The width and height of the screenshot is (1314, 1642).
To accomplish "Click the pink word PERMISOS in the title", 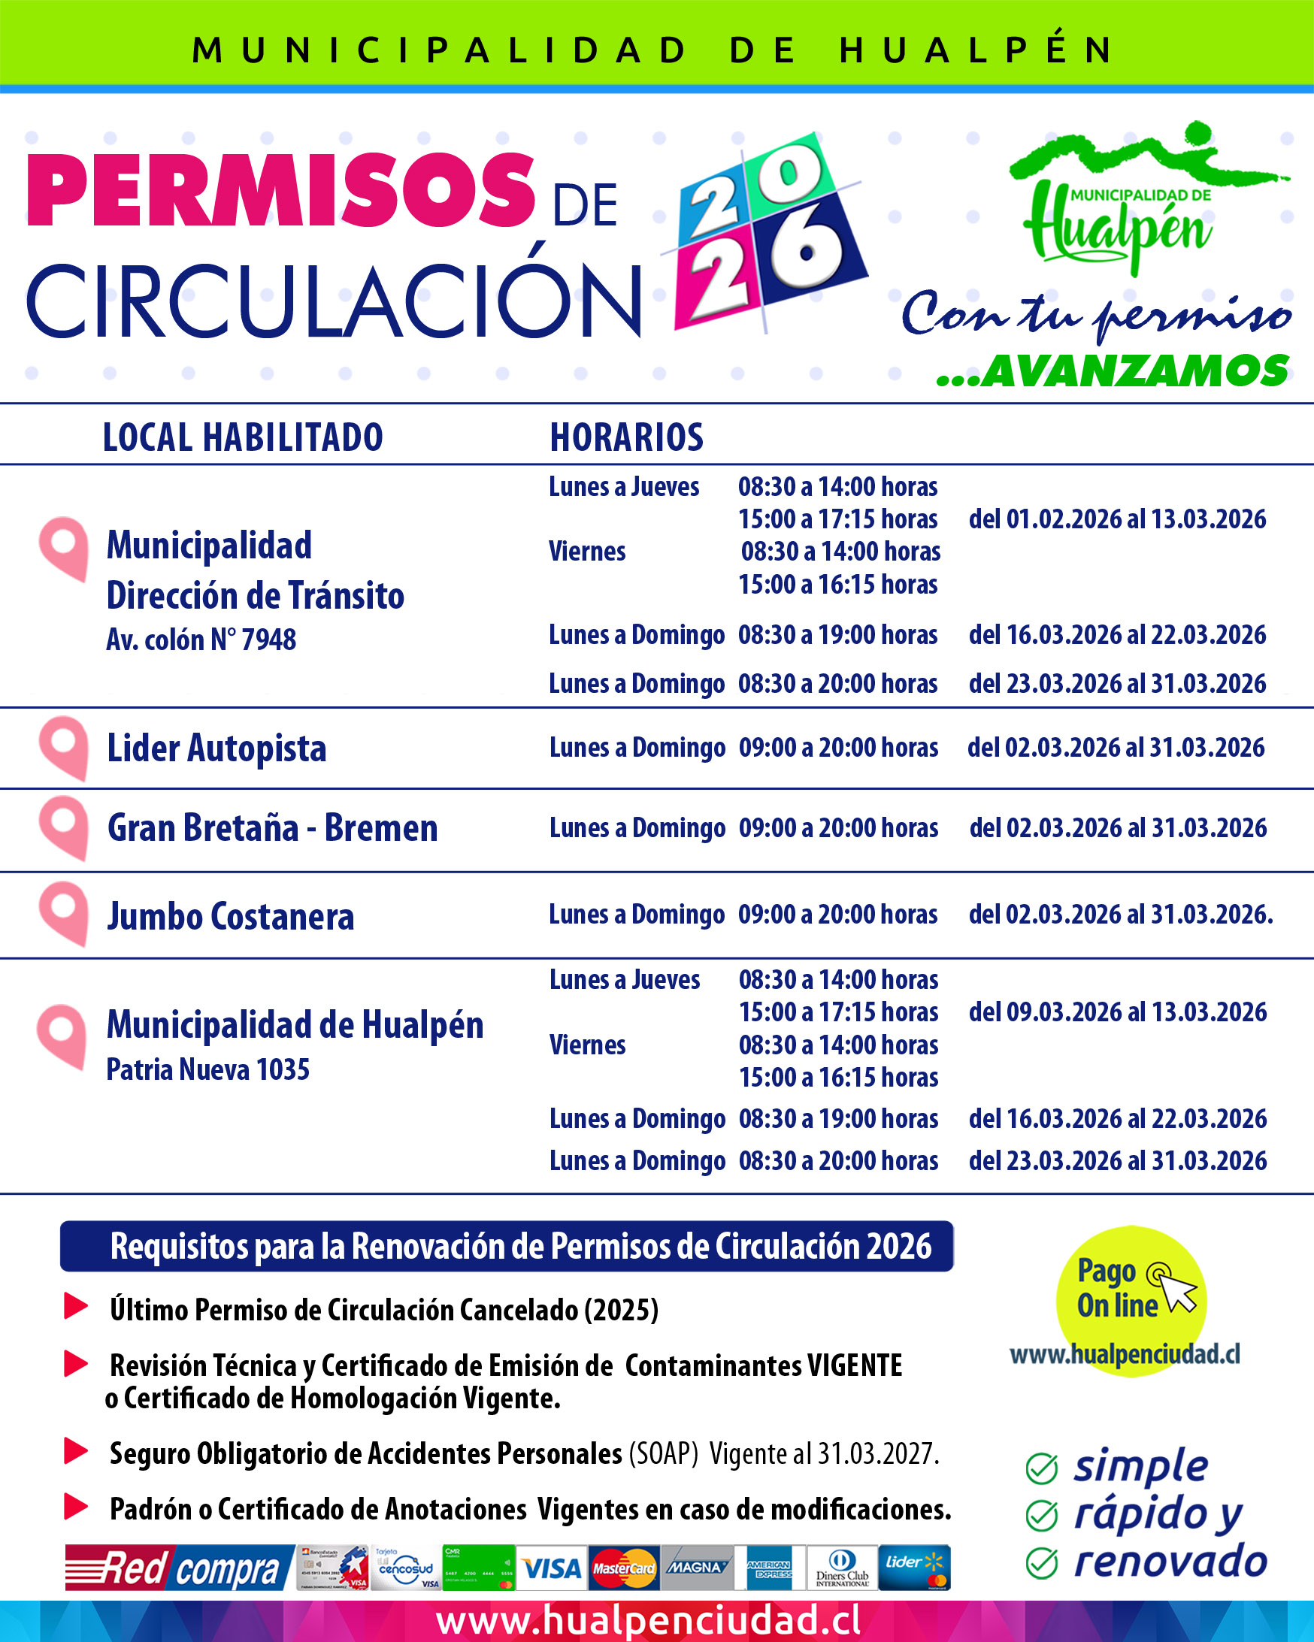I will click(280, 189).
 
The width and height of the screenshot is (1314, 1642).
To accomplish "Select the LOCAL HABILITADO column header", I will click(242, 437).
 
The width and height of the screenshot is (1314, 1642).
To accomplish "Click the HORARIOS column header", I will click(626, 437).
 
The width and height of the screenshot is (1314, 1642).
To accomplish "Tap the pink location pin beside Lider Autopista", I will click(64, 746).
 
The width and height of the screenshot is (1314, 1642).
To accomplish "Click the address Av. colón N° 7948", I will click(201, 640).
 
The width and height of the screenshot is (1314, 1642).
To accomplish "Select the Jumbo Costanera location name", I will click(230, 916).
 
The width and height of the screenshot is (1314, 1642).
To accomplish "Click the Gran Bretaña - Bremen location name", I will click(272, 828).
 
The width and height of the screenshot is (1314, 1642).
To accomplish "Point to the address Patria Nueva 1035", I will click(207, 1070).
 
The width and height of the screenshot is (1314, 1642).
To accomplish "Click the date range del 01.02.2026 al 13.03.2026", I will click(1117, 519).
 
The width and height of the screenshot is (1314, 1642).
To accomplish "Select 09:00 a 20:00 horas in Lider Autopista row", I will click(838, 748).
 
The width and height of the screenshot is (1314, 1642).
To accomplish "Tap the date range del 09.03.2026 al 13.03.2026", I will click(1118, 1012).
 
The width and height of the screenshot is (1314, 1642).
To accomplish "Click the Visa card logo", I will click(552, 1568).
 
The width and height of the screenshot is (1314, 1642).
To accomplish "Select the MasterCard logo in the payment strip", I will click(624, 1568).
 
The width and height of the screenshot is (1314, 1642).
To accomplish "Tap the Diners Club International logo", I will click(842, 1568).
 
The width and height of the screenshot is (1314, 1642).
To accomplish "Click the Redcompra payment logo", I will click(180, 1568).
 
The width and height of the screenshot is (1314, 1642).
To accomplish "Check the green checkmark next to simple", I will click(1041, 1469).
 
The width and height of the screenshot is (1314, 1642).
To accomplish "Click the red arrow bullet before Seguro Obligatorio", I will click(75, 1452).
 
